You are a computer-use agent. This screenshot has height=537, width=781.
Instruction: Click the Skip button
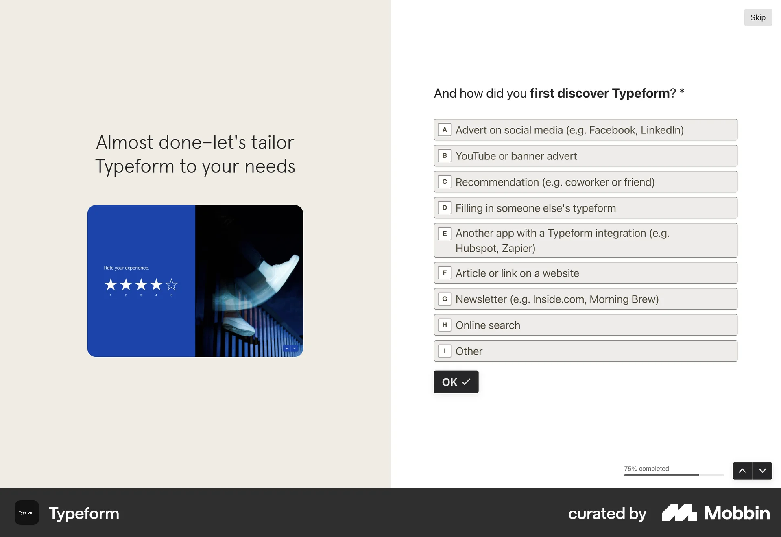758,17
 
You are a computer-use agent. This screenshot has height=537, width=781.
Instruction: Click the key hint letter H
445,325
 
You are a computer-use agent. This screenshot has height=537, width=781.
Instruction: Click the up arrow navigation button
742,471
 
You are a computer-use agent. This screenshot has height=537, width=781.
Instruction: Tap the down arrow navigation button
762,471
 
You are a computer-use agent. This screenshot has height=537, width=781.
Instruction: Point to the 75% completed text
646,469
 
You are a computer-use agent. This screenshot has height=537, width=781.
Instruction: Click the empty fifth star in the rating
172,284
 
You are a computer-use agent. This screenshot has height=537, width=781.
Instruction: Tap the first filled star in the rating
111,284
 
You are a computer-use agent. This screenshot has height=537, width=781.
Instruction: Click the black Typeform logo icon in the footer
27,513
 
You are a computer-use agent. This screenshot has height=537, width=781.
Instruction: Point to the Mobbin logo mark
679,513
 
